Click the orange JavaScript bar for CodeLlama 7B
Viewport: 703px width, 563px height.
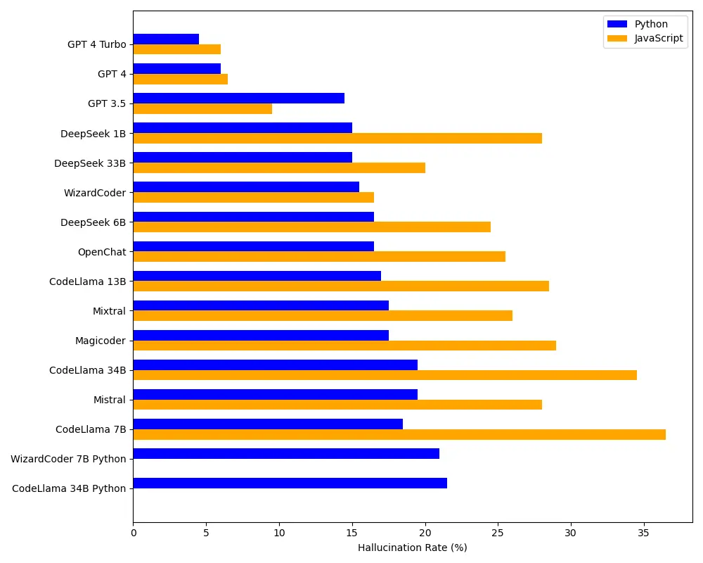[x=399, y=434]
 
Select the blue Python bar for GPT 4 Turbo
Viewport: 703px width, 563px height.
[x=166, y=39]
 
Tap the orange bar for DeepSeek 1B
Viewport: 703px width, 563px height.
[x=337, y=138]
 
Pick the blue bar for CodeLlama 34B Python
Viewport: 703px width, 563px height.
[x=290, y=483]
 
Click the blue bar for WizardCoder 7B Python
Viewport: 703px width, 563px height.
[x=286, y=454]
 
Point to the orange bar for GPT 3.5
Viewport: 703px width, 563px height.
[x=202, y=109]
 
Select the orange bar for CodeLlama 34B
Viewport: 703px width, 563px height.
[x=385, y=375]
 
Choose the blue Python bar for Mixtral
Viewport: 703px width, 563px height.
[x=261, y=305]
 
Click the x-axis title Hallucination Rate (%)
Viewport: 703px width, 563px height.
[x=412, y=548]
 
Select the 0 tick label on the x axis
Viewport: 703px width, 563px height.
[x=133, y=533]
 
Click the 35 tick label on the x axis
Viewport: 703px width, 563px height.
[x=643, y=533]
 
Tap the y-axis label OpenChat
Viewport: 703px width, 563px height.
[x=102, y=252]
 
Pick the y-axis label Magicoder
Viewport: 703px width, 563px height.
[x=101, y=341]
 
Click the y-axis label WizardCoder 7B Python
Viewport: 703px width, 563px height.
[x=68, y=459]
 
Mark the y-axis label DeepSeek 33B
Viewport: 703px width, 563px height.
[x=90, y=163]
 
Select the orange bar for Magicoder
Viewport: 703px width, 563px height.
[x=344, y=346]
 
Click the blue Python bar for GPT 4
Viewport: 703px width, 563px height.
[x=176, y=69]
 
